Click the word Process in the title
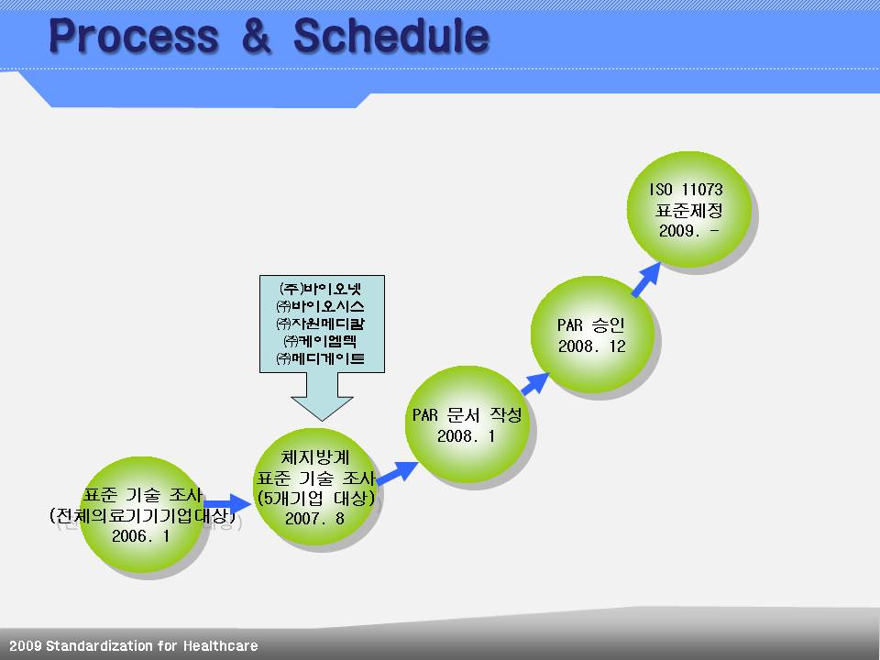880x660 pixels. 134,36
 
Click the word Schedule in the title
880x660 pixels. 391,36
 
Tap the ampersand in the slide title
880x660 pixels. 256,36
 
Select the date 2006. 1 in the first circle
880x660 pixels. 141,536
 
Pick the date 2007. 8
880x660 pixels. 314,518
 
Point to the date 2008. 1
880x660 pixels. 467,436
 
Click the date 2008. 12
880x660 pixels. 591,346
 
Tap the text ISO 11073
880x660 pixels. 687,190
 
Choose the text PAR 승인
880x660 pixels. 591,324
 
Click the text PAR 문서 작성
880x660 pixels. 467,414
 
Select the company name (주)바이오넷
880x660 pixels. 321,289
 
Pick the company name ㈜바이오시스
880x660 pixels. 321,306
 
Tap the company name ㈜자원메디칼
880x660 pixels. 321,324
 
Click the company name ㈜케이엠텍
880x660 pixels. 321,341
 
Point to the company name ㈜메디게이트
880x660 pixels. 321,358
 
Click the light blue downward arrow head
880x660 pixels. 322,409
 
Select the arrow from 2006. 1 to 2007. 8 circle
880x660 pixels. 227,504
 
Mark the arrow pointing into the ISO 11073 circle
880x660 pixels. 646,280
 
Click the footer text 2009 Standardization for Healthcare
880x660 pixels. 134,646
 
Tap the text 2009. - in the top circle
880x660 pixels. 688,231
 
